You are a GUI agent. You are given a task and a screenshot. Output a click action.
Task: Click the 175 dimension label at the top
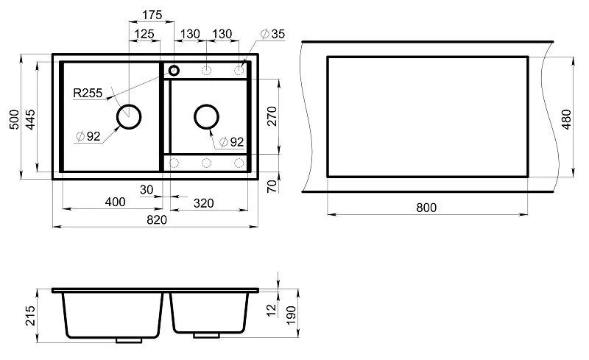[152, 15]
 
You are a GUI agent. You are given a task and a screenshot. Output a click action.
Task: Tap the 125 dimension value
[144, 34]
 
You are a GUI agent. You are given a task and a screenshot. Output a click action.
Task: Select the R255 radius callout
[88, 93]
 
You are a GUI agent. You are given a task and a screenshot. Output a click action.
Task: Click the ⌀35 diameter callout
[272, 34]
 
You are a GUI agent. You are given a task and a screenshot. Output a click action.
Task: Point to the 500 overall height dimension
[14, 119]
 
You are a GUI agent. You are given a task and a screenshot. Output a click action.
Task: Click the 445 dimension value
[30, 119]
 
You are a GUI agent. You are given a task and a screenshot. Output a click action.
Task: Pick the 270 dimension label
[272, 116]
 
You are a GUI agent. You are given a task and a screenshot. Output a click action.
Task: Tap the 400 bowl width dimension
[115, 202]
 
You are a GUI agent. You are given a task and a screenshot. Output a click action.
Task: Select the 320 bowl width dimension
[203, 203]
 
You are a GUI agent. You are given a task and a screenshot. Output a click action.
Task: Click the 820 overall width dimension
[157, 220]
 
